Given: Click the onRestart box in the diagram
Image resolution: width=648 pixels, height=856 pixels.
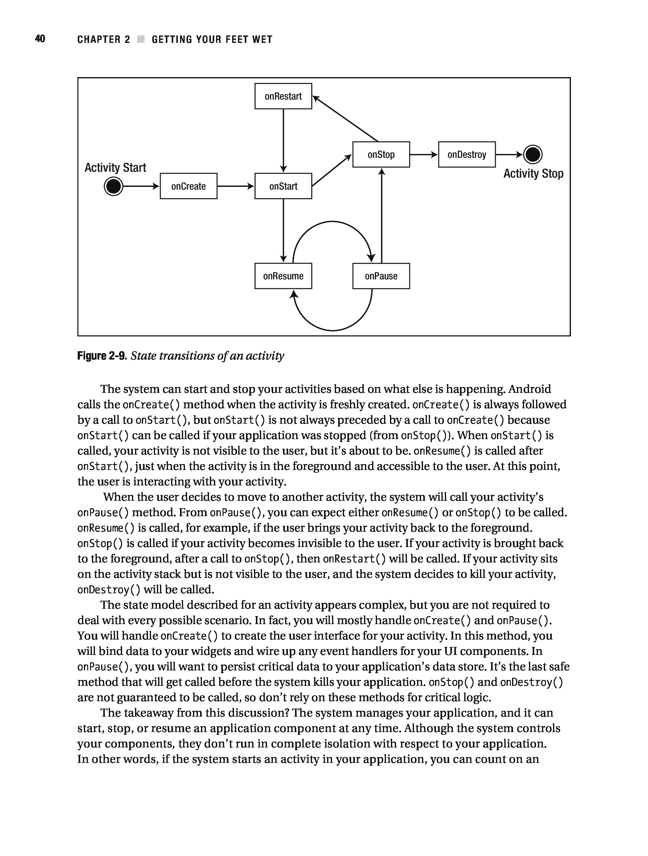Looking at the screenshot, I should pos(283,96).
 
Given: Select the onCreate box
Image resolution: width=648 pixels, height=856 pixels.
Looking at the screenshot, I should pos(188,186).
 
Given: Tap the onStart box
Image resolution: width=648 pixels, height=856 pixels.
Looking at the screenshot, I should pos(283,186).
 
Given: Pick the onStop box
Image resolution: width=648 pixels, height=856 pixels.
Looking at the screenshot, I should pos(381,154).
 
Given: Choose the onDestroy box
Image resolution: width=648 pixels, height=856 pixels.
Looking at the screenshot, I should pos(466,154).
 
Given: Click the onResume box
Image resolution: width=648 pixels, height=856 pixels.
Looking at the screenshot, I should pos(283,276).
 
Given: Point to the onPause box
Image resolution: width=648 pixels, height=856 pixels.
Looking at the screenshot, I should pos(381,276).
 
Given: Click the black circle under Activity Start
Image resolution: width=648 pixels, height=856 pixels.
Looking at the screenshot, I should pos(113,186).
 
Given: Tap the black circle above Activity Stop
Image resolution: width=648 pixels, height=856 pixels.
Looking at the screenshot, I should pos(533,154).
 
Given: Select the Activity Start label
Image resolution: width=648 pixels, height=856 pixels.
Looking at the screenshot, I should pos(115,167).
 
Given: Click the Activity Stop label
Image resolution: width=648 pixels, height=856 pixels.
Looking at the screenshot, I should pos(533,173).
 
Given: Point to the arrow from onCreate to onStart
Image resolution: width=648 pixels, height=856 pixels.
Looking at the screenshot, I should pos(236,186).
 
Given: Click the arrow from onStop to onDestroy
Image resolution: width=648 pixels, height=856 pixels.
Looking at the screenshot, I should pos(424,154).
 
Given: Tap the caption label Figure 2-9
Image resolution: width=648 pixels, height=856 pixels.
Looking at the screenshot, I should pos(102,356).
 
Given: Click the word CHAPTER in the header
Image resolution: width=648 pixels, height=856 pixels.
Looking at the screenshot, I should pos(99,39).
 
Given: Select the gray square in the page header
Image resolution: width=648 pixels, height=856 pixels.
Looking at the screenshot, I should pos(141,39).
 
